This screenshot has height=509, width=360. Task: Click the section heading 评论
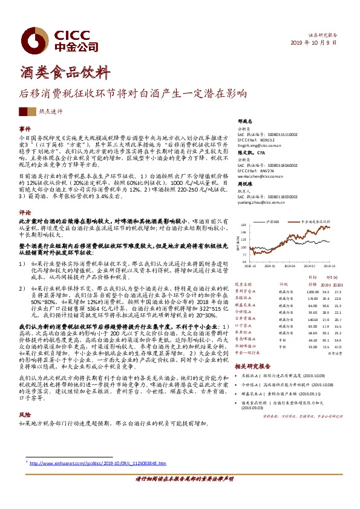coord(25,213)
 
